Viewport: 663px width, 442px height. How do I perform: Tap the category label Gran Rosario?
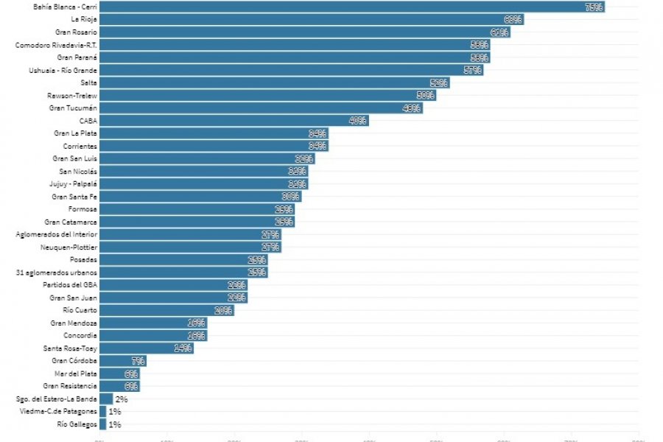pyautogui.click(x=76, y=32)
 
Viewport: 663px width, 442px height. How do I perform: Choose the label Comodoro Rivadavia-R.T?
pyautogui.click(x=56, y=45)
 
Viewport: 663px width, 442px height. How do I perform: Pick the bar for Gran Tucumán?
pyautogui.click(x=261, y=108)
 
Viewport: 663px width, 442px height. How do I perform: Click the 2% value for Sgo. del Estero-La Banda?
pyautogui.click(x=122, y=399)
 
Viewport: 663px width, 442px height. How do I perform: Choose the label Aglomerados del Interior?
pyautogui.click(x=56, y=234)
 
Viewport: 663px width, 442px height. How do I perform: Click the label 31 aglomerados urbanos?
pyautogui.click(x=56, y=273)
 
